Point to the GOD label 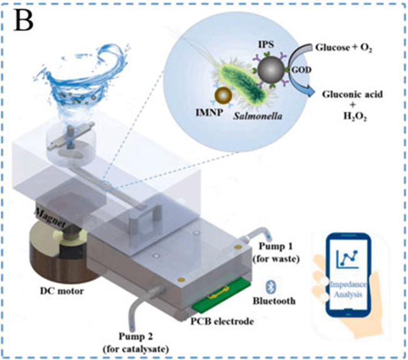(299, 88)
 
